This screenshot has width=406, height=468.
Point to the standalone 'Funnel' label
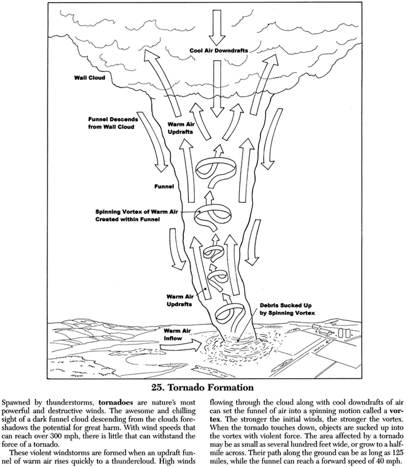coord(164,186)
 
